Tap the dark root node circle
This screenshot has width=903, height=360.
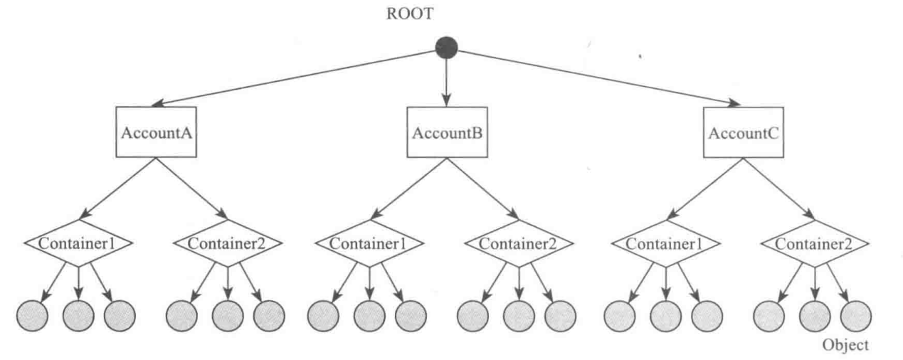(x=446, y=48)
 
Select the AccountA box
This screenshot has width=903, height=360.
(x=157, y=132)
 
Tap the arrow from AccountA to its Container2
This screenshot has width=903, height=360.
(x=192, y=186)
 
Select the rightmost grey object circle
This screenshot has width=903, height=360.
(x=856, y=313)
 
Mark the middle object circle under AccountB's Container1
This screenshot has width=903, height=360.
(x=369, y=313)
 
